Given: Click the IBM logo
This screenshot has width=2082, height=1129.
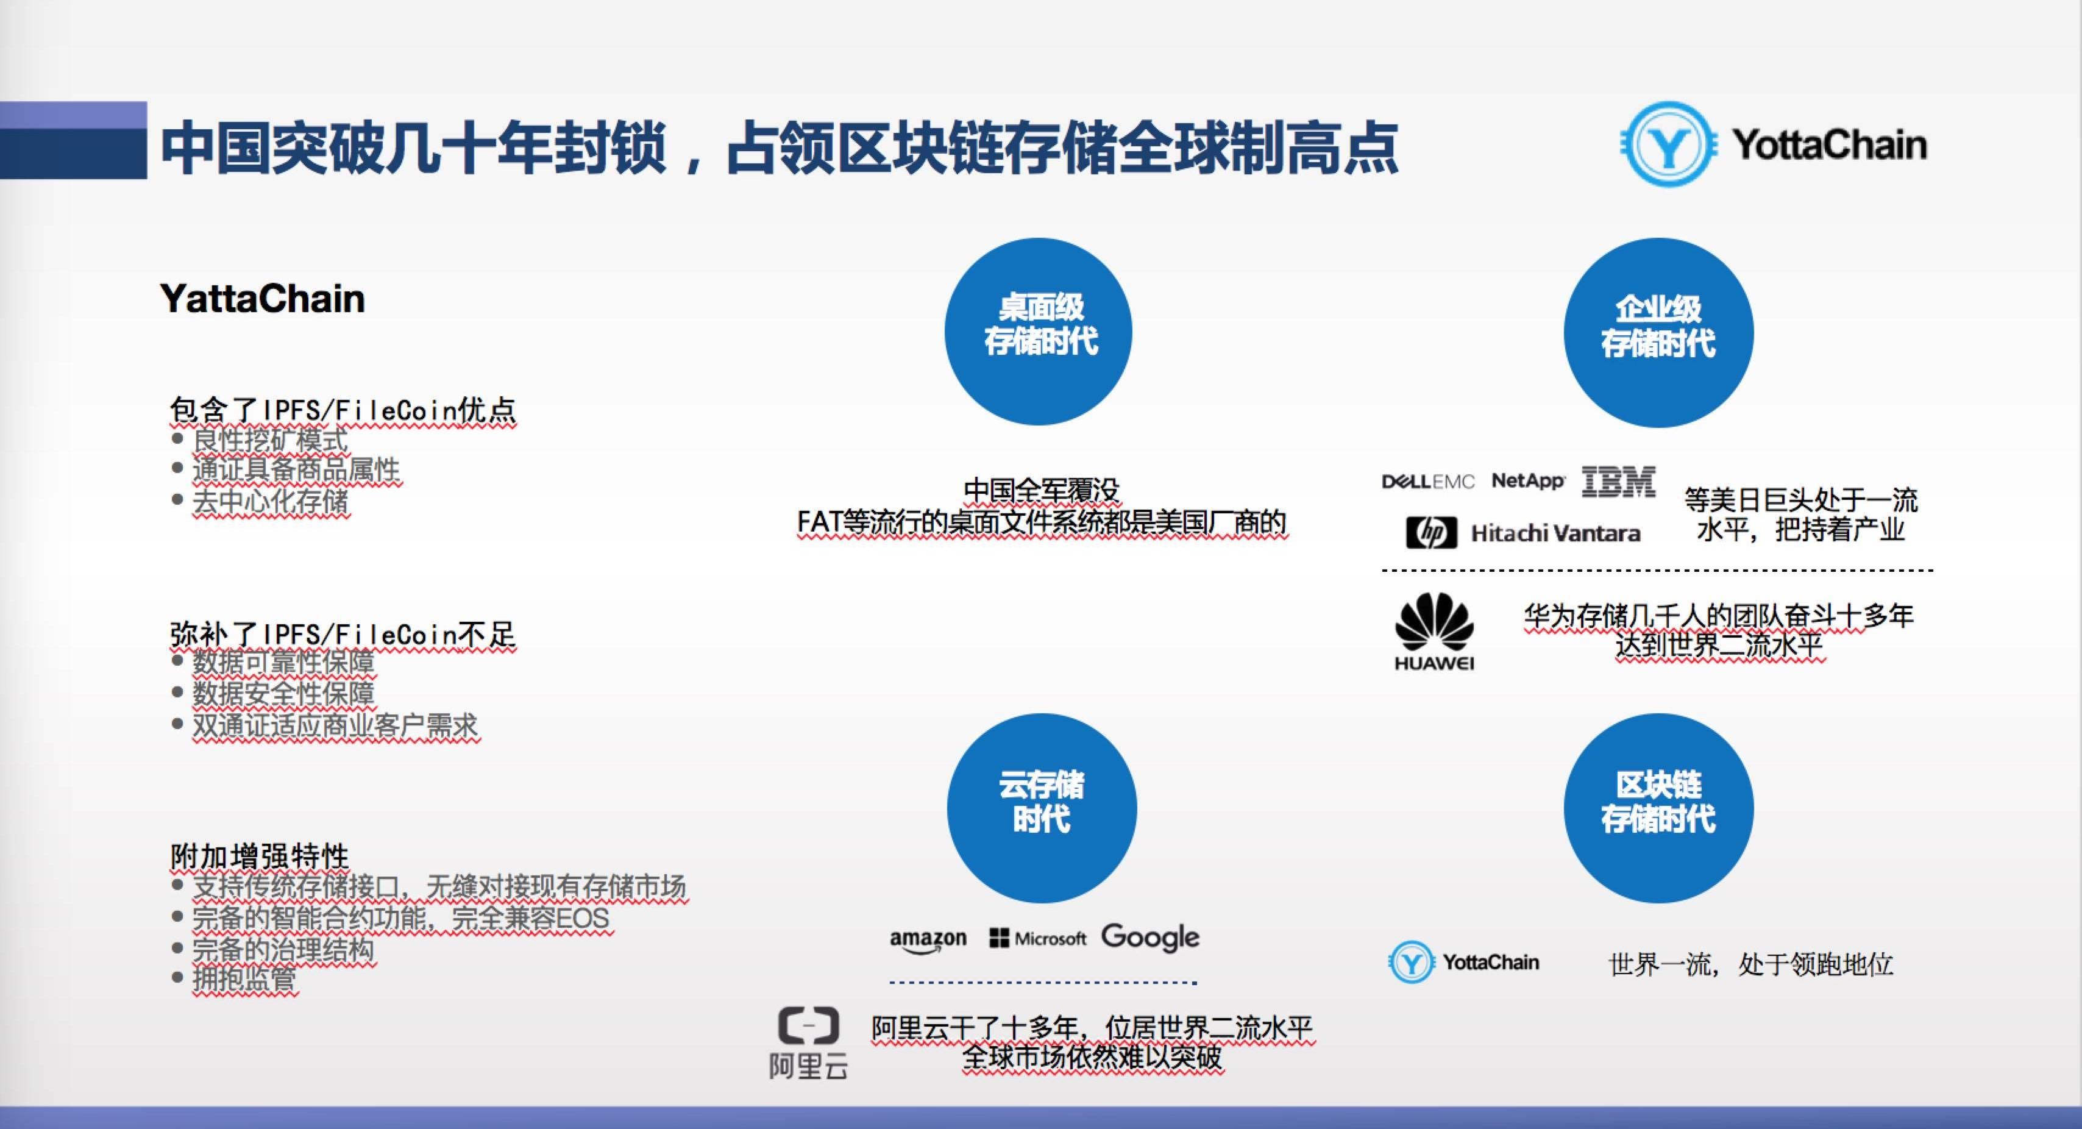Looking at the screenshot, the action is (1618, 482).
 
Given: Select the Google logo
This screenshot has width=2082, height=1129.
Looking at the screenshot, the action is (1150, 938).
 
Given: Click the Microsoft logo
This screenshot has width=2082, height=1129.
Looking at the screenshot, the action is (1038, 938).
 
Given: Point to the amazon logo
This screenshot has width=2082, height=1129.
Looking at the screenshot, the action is (928, 940).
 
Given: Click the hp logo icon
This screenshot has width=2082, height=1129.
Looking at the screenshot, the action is (1431, 533).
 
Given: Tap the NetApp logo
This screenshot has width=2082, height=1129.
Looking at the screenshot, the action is (1527, 481).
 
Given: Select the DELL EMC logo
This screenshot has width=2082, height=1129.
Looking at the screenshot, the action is (1428, 482).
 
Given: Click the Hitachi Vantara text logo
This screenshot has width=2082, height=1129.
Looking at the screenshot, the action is (1555, 533).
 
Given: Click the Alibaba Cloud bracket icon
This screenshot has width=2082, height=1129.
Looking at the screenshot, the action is (808, 1025).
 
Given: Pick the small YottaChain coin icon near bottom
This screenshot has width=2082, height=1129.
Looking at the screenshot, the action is (1411, 962).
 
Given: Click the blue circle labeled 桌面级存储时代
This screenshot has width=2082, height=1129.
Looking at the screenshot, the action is (1039, 332).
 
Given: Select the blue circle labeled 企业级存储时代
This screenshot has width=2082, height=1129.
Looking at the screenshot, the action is (1658, 332).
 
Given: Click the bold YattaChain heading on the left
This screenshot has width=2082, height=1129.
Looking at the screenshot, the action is (262, 298).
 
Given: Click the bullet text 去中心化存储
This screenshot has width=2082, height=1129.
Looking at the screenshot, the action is (270, 501).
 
